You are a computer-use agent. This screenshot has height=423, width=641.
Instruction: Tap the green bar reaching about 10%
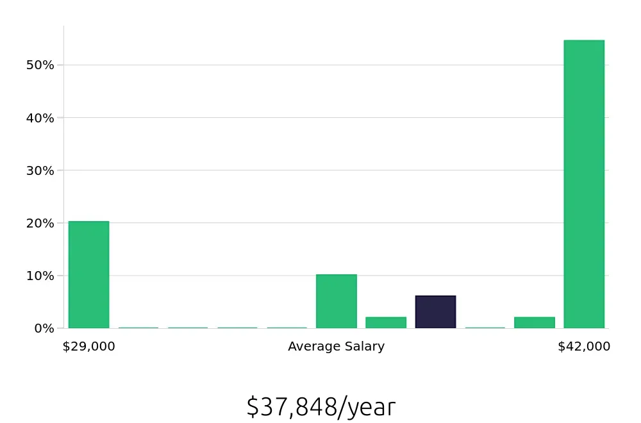tap(336, 301)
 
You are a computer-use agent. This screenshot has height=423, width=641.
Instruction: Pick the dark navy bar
tap(435, 312)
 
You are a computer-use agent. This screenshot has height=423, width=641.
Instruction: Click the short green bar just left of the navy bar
tap(386, 322)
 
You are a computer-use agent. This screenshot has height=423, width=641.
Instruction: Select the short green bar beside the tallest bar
tap(534, 322)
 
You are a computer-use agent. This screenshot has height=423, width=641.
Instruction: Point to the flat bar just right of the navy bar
tap(485, 328)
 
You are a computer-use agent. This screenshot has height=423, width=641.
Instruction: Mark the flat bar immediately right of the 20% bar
tap(138, 328)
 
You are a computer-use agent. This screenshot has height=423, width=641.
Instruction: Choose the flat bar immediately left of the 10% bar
tap(287, 328)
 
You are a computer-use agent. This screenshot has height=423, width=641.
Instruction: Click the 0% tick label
tap(43, 328)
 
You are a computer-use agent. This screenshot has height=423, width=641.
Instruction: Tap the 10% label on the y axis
tap(40, 276)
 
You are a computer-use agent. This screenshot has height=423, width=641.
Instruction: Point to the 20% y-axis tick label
tap(40, 223)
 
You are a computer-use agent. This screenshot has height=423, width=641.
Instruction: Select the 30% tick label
tap(40, 170)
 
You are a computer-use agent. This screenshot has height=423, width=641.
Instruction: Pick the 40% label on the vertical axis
tap(40, 118)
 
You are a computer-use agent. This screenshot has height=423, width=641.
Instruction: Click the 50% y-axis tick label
tap(40, 65)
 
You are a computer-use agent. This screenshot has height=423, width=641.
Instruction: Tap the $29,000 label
tap(88, 347)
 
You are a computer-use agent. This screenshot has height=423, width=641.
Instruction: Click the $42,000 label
tap(584, 347)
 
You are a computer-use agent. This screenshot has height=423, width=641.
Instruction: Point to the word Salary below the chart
tap(363, 347)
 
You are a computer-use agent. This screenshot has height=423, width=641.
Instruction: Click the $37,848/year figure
tap(320, 407)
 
